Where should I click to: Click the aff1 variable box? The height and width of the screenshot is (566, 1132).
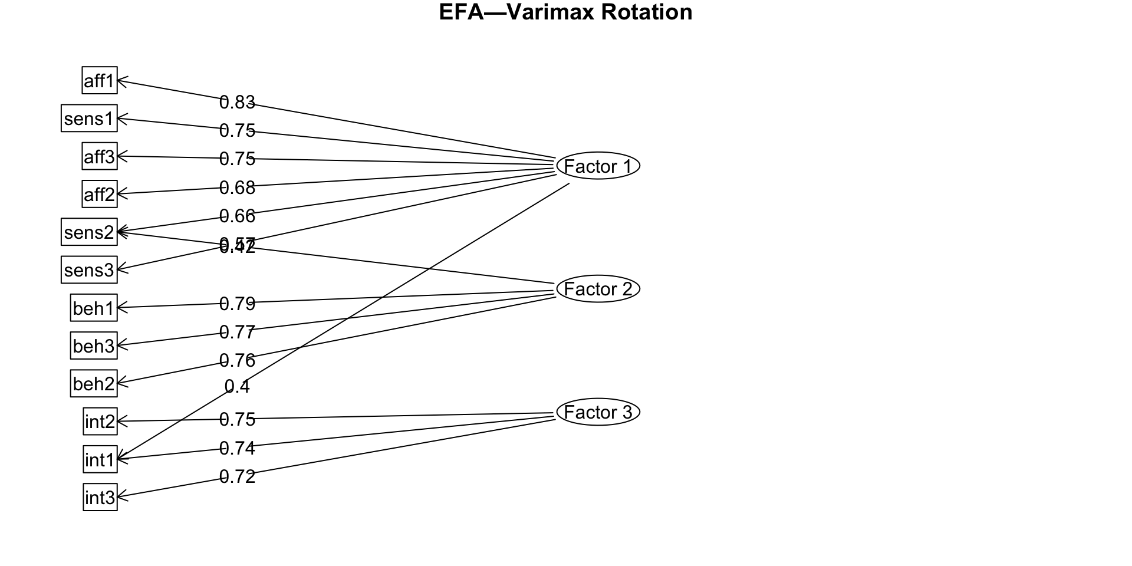pos(100,80)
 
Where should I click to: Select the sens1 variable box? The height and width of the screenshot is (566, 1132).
pos(89,119)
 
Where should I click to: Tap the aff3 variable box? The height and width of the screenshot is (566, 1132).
pos(100,156)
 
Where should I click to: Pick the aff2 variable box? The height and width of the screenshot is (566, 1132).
pos(100,194)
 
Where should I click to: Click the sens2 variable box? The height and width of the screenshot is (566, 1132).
pos(89,232)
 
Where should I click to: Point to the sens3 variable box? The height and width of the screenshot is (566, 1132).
pos(89,269)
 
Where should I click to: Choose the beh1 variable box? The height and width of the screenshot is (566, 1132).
pos(94,308)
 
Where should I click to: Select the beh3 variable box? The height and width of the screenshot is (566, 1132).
pos(94,345)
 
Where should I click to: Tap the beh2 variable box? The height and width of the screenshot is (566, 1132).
pos(94,383)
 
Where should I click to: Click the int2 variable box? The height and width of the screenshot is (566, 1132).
pos(100,421)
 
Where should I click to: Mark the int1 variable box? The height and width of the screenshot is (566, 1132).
pos(100,459)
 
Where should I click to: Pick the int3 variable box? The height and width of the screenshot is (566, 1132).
pos(100,497)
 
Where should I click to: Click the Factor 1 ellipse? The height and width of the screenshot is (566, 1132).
pos(598,166)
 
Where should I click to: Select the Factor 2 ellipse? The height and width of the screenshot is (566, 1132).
pos(598,289)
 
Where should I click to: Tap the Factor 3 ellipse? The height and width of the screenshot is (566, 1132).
pos(598,412)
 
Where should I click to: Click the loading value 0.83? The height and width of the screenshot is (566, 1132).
pos(237,103)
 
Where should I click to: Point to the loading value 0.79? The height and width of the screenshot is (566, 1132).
pos(237,304)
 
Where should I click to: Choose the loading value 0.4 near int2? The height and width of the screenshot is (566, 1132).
pos(237,387)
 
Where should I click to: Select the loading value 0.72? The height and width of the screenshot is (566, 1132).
pos(237,476)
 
